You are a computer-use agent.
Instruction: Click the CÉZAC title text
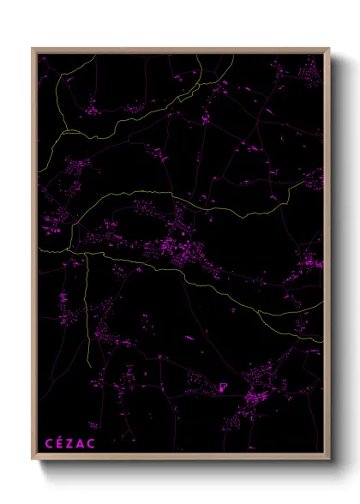70,443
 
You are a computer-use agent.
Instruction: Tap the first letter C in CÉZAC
49,443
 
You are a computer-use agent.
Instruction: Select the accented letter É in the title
60,443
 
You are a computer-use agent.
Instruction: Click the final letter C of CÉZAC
92,443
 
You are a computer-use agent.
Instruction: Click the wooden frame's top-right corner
329,49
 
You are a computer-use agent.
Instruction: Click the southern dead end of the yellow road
89,365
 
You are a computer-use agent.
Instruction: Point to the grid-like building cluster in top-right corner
308,73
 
